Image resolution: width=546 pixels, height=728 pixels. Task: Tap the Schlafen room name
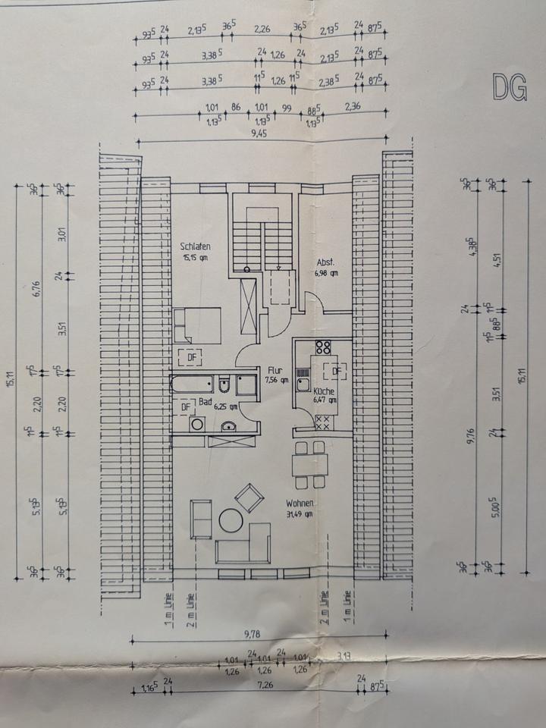195,247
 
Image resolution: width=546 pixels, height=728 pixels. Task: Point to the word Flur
275,370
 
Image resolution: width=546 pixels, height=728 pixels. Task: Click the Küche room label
325,391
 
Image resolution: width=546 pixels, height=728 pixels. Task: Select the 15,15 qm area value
195,258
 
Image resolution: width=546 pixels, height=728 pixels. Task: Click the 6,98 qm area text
327,274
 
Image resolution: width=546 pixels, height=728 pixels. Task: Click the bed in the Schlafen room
196,325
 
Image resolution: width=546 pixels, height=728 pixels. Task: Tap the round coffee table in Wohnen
231,521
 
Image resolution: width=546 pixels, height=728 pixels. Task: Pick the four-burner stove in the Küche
323,348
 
